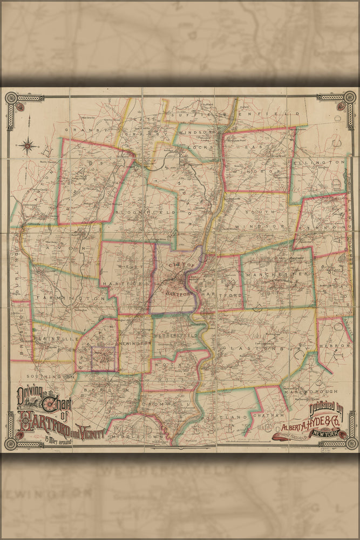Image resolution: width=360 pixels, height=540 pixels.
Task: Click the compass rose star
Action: click(29, 145)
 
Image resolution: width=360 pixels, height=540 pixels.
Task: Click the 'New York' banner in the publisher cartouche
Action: click(323, 433)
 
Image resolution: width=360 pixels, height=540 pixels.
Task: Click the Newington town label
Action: click(135, 343)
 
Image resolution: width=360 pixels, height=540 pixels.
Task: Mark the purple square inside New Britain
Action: click(103, 359)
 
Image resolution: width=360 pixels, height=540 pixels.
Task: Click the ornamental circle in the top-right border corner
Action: click(350, 98)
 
